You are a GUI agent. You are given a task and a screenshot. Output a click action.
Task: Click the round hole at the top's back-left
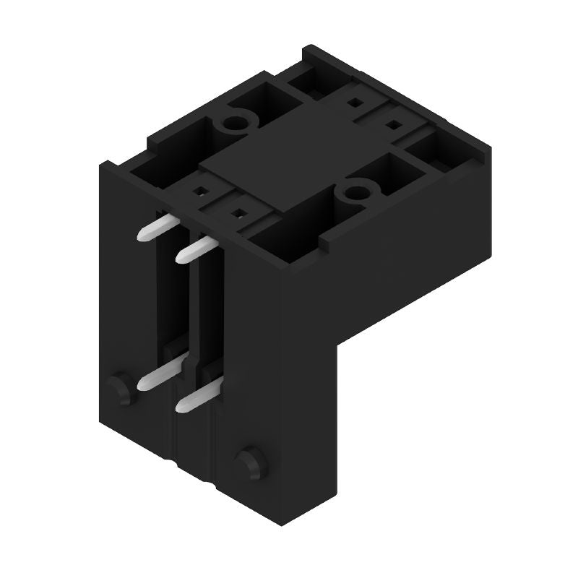pos(234,124)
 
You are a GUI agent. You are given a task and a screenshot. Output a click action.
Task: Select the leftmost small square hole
pos(197,193)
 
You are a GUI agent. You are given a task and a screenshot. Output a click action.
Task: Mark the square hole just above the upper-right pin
pos(236,214)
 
